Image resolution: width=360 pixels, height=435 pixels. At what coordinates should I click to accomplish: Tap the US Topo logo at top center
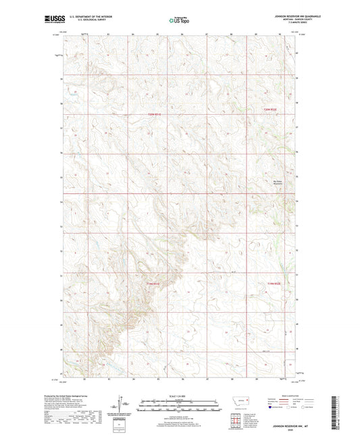pos(178,20)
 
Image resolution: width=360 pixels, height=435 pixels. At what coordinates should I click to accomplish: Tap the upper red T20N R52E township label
pos(270,108)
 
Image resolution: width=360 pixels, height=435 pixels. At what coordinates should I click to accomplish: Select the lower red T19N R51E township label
pos(153,284)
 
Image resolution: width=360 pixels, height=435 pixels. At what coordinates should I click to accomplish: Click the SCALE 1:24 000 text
pos(178,395)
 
